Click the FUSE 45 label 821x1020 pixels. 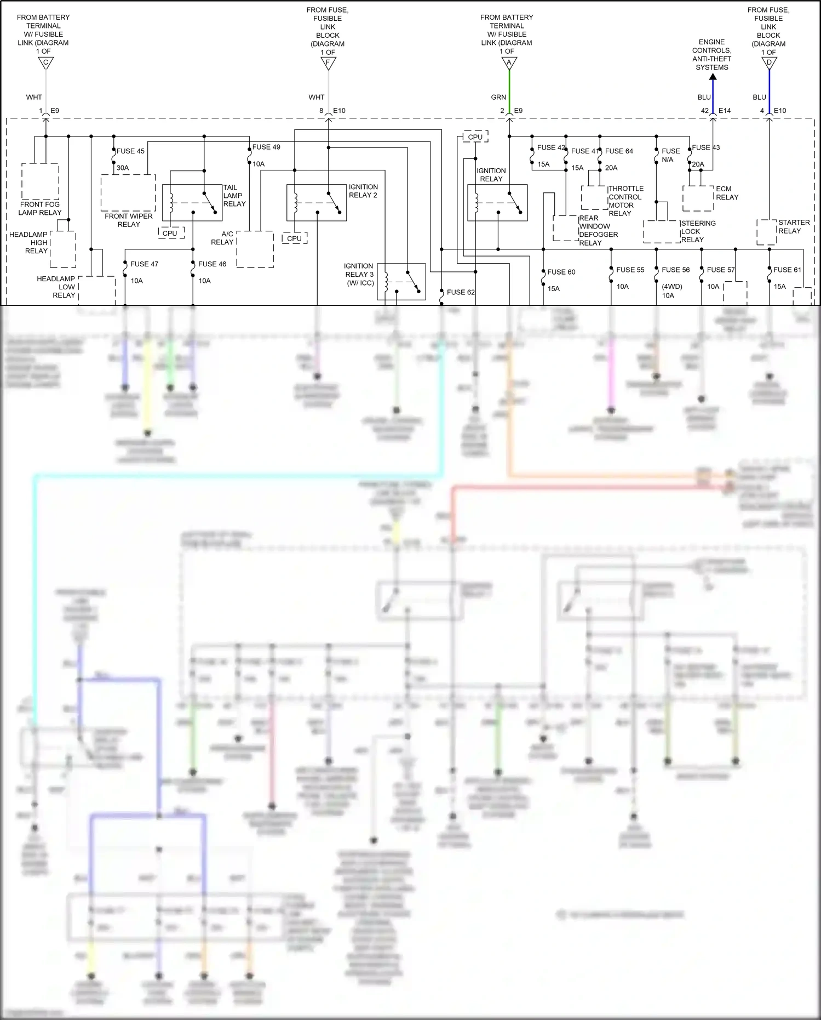pos(130,151)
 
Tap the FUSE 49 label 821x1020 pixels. pos(266,147)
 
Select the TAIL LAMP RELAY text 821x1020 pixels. pos(234,196)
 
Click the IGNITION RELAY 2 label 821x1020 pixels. pos(363,191)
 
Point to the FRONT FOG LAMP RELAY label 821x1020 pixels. pos(40,208)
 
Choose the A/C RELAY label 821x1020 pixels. pos(222,238)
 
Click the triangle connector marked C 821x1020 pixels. pos(46,64)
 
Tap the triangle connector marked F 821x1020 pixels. pos(328,64)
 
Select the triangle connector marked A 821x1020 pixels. pos(509,64)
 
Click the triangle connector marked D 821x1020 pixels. pos(769,64)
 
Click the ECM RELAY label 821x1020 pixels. pos(727,193)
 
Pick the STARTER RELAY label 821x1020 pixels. pos(794,226)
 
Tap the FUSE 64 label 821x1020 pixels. pos(619,151)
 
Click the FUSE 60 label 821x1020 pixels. pos(561,272)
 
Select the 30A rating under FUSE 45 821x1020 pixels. pos(123,168)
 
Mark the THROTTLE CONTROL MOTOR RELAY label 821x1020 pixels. pos(625,201)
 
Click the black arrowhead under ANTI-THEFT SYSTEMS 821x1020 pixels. pos(713,77)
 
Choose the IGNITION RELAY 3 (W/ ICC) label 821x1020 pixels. pos(359,274)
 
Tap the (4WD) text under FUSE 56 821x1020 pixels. pos(671,287)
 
